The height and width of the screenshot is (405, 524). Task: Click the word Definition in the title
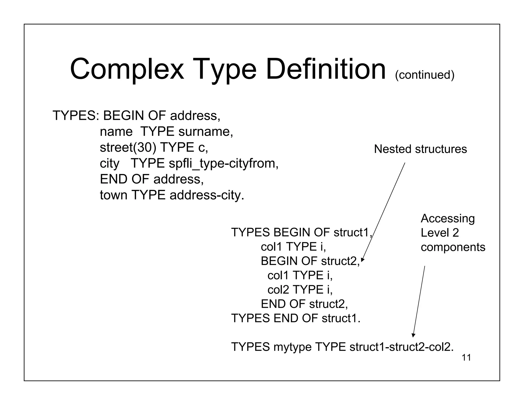[x=326, y=69]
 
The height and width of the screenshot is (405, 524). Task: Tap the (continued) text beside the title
[x=424, y=75]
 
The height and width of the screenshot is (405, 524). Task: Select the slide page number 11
[x=466, y=358]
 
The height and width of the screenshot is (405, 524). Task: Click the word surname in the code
[x=205, y=132]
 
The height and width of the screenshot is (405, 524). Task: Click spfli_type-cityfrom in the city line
[x=223, y=164]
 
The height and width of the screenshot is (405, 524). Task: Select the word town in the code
[x=113, y=195]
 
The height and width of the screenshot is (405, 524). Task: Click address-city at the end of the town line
[x=206, y=195]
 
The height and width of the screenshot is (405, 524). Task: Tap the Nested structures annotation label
[x=420, y=149]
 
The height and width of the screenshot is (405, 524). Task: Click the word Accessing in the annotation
[x=447, y=218]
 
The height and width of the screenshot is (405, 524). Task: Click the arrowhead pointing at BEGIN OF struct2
[x=362, y=260]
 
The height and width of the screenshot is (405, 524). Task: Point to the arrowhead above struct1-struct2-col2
[x=413, y=335]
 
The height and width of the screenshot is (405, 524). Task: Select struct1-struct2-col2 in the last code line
[x=401, y=347]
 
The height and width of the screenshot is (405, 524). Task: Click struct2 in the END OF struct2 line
[x=328, y=304]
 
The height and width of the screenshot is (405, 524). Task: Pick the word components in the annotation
[x=453, y=247]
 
